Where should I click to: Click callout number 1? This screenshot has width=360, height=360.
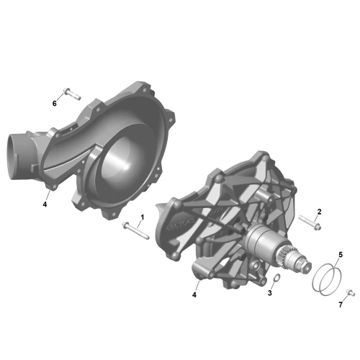143,217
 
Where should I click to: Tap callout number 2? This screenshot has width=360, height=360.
319,212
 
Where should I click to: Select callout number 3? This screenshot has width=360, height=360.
270,293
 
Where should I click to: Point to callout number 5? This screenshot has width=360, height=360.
341,255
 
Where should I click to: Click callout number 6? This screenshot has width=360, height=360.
55,104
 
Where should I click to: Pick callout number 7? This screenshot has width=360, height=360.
341,305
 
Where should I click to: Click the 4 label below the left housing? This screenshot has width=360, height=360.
45,204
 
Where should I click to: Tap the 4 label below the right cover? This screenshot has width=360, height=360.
194,294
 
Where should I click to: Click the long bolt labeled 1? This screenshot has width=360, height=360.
135,230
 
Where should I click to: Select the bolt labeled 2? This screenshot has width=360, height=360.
310,222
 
